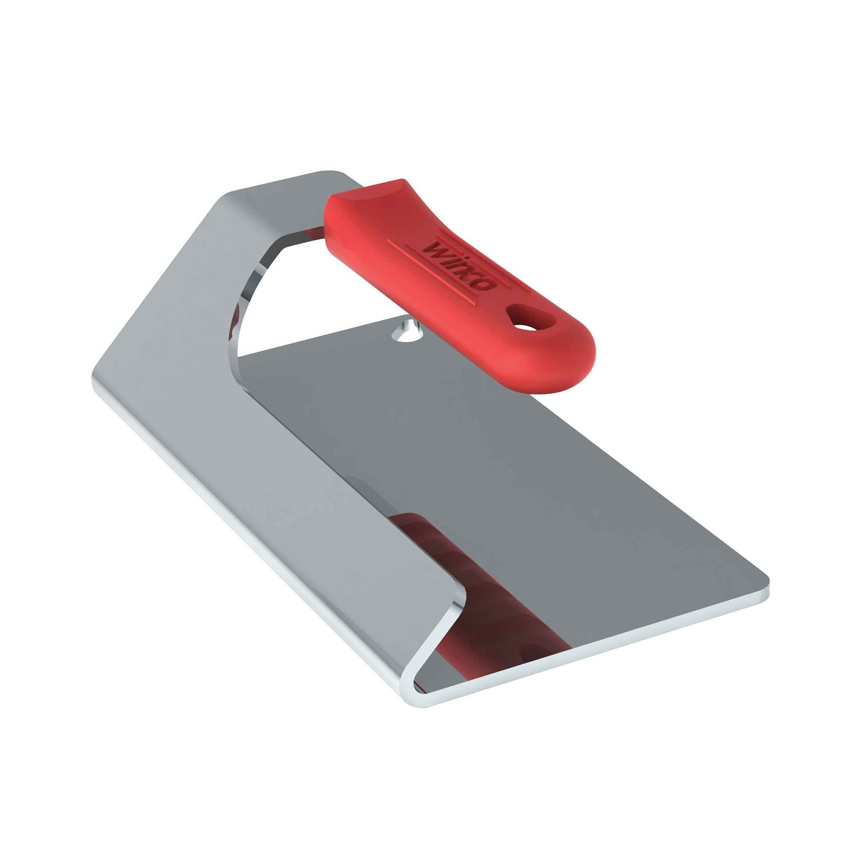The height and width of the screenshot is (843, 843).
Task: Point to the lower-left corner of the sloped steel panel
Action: click(98, 380)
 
